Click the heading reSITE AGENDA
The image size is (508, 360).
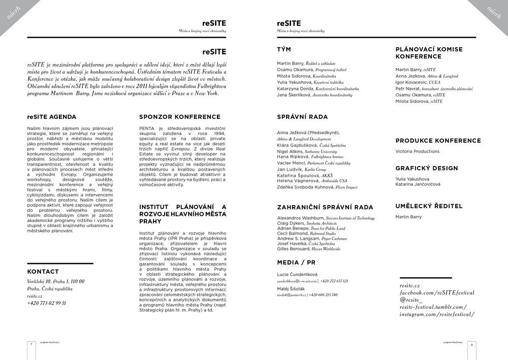(x=52, y=117)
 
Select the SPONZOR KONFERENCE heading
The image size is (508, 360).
(x=180, y=117)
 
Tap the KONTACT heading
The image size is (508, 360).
(x=43, y=272)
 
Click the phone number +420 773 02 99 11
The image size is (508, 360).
(x=46, y=303)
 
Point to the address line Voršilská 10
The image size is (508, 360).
(x=56, y=281)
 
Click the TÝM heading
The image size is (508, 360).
(x=284, y=50)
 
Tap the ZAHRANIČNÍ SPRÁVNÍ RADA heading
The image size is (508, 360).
(x=325, y=207)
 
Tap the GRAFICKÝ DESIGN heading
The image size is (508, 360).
(x=427, y=168)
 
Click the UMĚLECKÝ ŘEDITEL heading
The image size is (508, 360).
(x=429, y=206)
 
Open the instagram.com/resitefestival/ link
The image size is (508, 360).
(x=437, y=314)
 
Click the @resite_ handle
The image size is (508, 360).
(x=411, y=300)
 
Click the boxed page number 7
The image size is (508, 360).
(x=31, y=344)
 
